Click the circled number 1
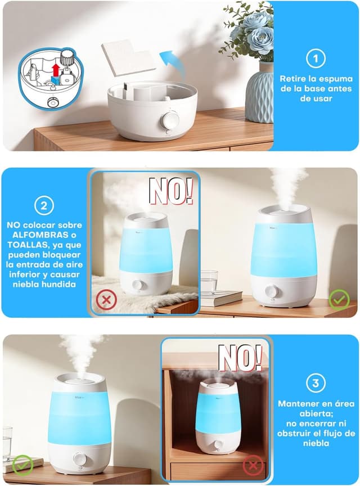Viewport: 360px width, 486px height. pyautogui.click(x=316, y=58)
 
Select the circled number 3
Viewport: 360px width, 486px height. pyautogui.click(x=316, y=384)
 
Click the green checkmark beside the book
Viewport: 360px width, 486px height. pyautogui.click(x=339, y=299)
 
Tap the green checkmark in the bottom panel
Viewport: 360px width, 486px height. pyautogui.click(x=21, y=464)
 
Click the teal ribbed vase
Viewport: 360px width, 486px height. pyautogui.click(x=259, y=93)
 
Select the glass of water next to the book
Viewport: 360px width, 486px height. pyautogui.click(x=209, y=281)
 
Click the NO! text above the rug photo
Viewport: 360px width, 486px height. pyautogui.click(x=170, y=192)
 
